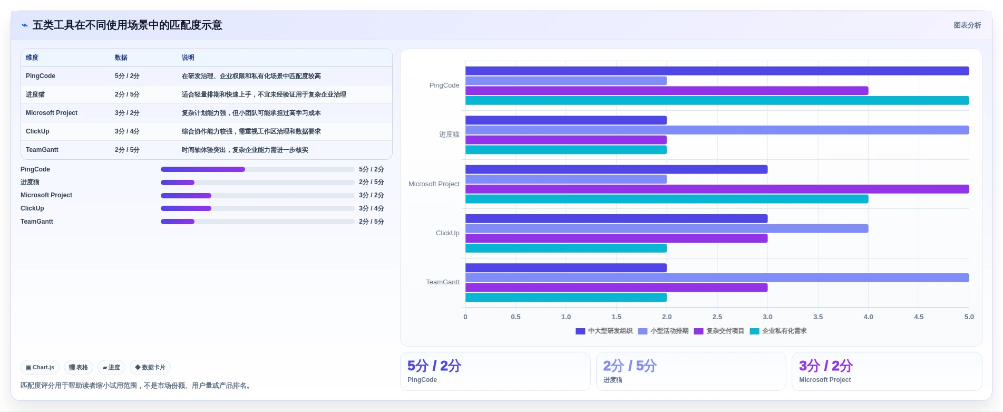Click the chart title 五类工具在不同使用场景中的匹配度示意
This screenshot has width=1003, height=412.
tap(127, 25)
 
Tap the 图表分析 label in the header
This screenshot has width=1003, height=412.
tap(967, 25)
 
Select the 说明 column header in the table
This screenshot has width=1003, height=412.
tap(188, 58)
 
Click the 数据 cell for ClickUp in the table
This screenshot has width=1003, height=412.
tap(127, 131)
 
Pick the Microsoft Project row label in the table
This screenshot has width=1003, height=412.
tap(52, 113)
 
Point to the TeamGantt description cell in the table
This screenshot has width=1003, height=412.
tap(245, 150)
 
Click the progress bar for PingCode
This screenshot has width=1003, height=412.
tap(257, 169)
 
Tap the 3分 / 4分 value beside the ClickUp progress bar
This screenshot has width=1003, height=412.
tap(372, 208)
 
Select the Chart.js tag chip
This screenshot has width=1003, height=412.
tap(40, 367)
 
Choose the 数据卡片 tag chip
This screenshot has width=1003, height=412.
tap(150, 367)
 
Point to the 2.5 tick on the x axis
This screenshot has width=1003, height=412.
tap(717, 317)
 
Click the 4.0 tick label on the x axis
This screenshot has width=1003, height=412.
tap(869, 317)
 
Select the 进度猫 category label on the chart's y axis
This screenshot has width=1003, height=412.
tap(449, 135)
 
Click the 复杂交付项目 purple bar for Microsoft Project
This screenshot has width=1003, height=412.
tap(717, 189)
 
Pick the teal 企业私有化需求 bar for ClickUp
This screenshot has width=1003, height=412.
tap(566, 248)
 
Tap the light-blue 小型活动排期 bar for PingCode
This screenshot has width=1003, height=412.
tap(566, 81)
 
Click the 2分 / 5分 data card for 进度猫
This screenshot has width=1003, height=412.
tap(691, 371)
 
